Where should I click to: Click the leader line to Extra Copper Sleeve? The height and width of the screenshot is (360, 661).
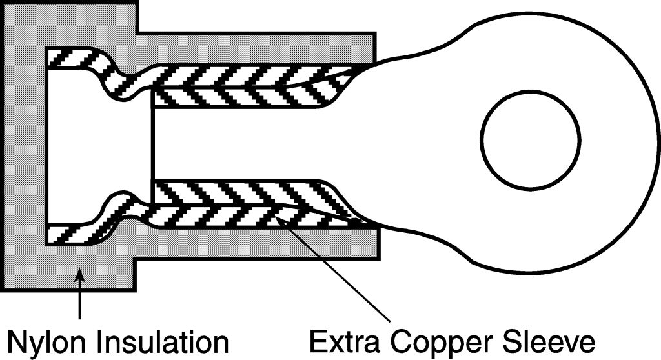pos(336,271)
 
